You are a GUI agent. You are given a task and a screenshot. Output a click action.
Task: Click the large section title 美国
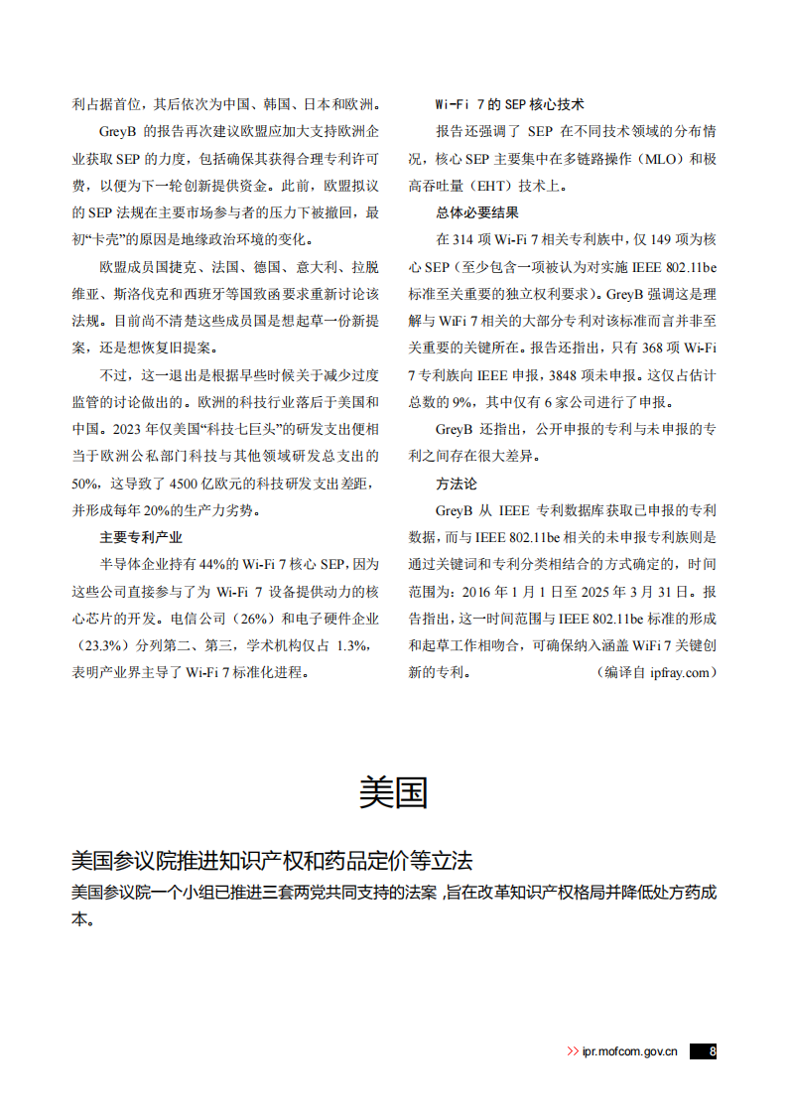click(x=393, y=792)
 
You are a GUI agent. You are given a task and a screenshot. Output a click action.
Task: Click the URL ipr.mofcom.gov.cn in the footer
click(x=630, y=1050)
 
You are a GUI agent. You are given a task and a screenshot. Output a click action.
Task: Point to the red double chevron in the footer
click(x=573, y=1050)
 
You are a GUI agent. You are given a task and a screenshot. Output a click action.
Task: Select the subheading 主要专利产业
click(x=141, y=537)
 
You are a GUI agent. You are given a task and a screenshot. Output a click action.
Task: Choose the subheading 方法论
click(x=457, y=484)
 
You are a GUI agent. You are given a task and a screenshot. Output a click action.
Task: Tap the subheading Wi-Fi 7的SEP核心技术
click(x=510, y=104)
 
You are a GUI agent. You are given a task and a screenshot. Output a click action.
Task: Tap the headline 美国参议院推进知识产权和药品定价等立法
click(x=272, y=860)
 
